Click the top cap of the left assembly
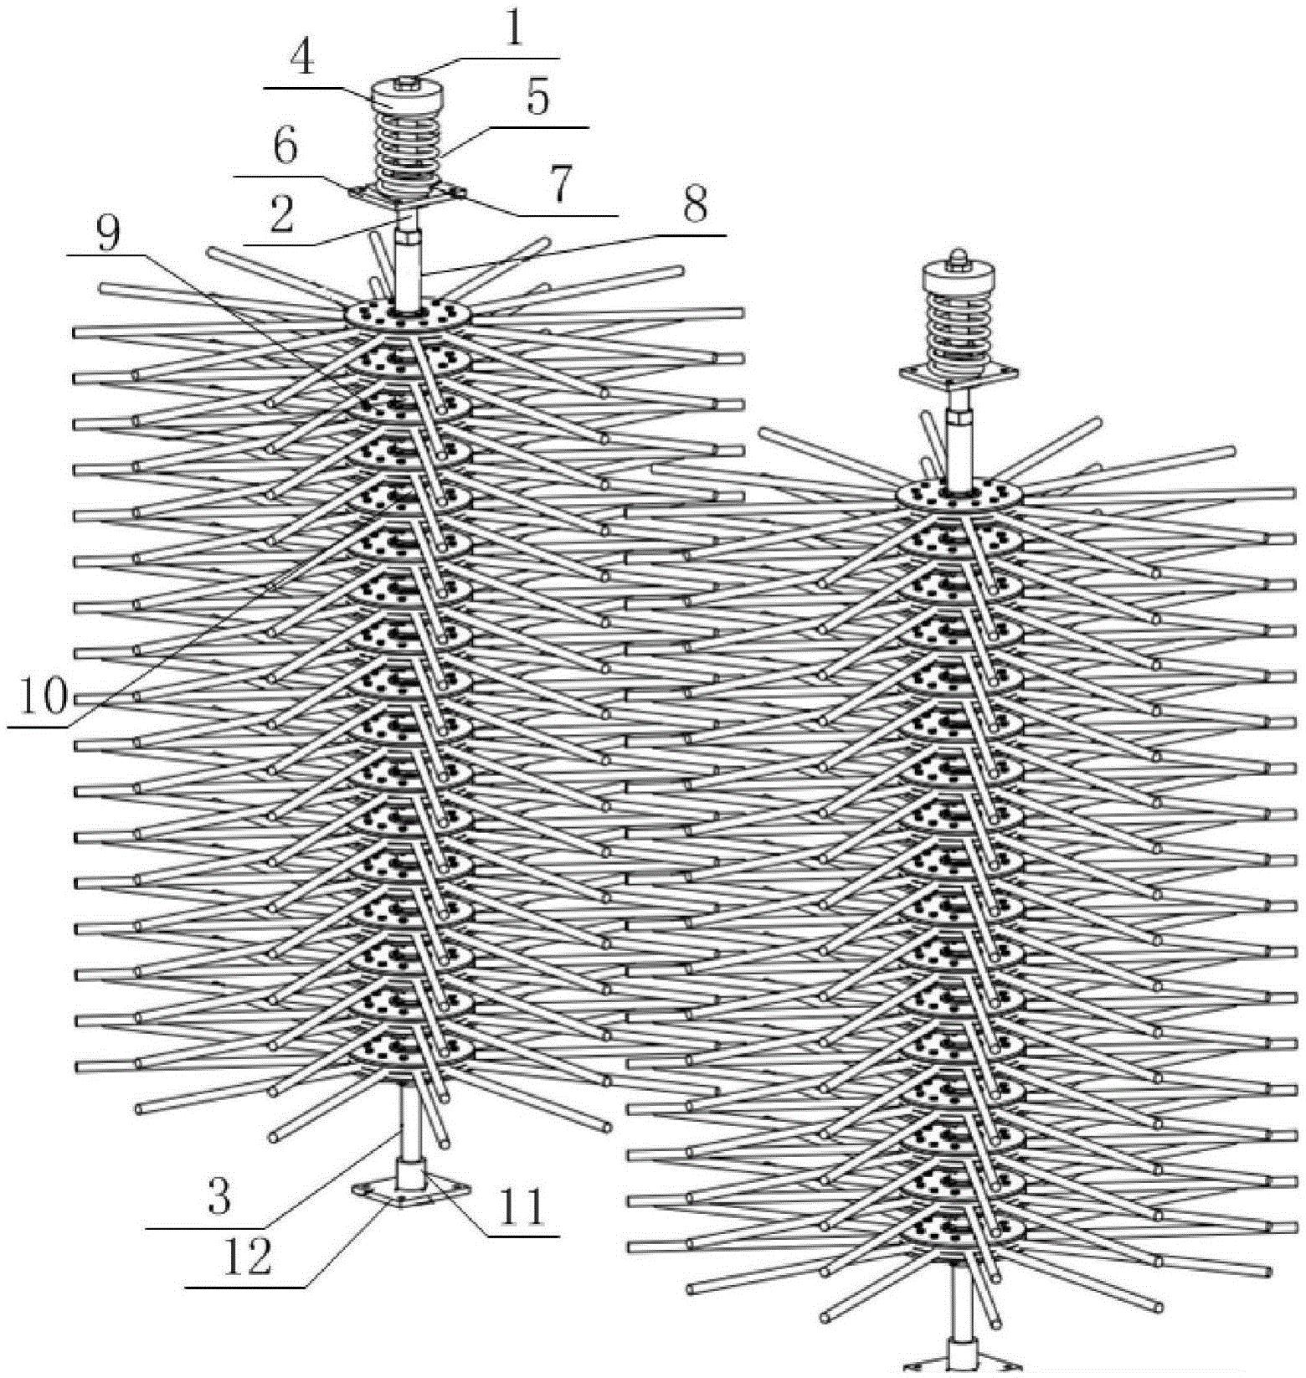point(404,95)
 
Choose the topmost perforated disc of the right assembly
point(960,494)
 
